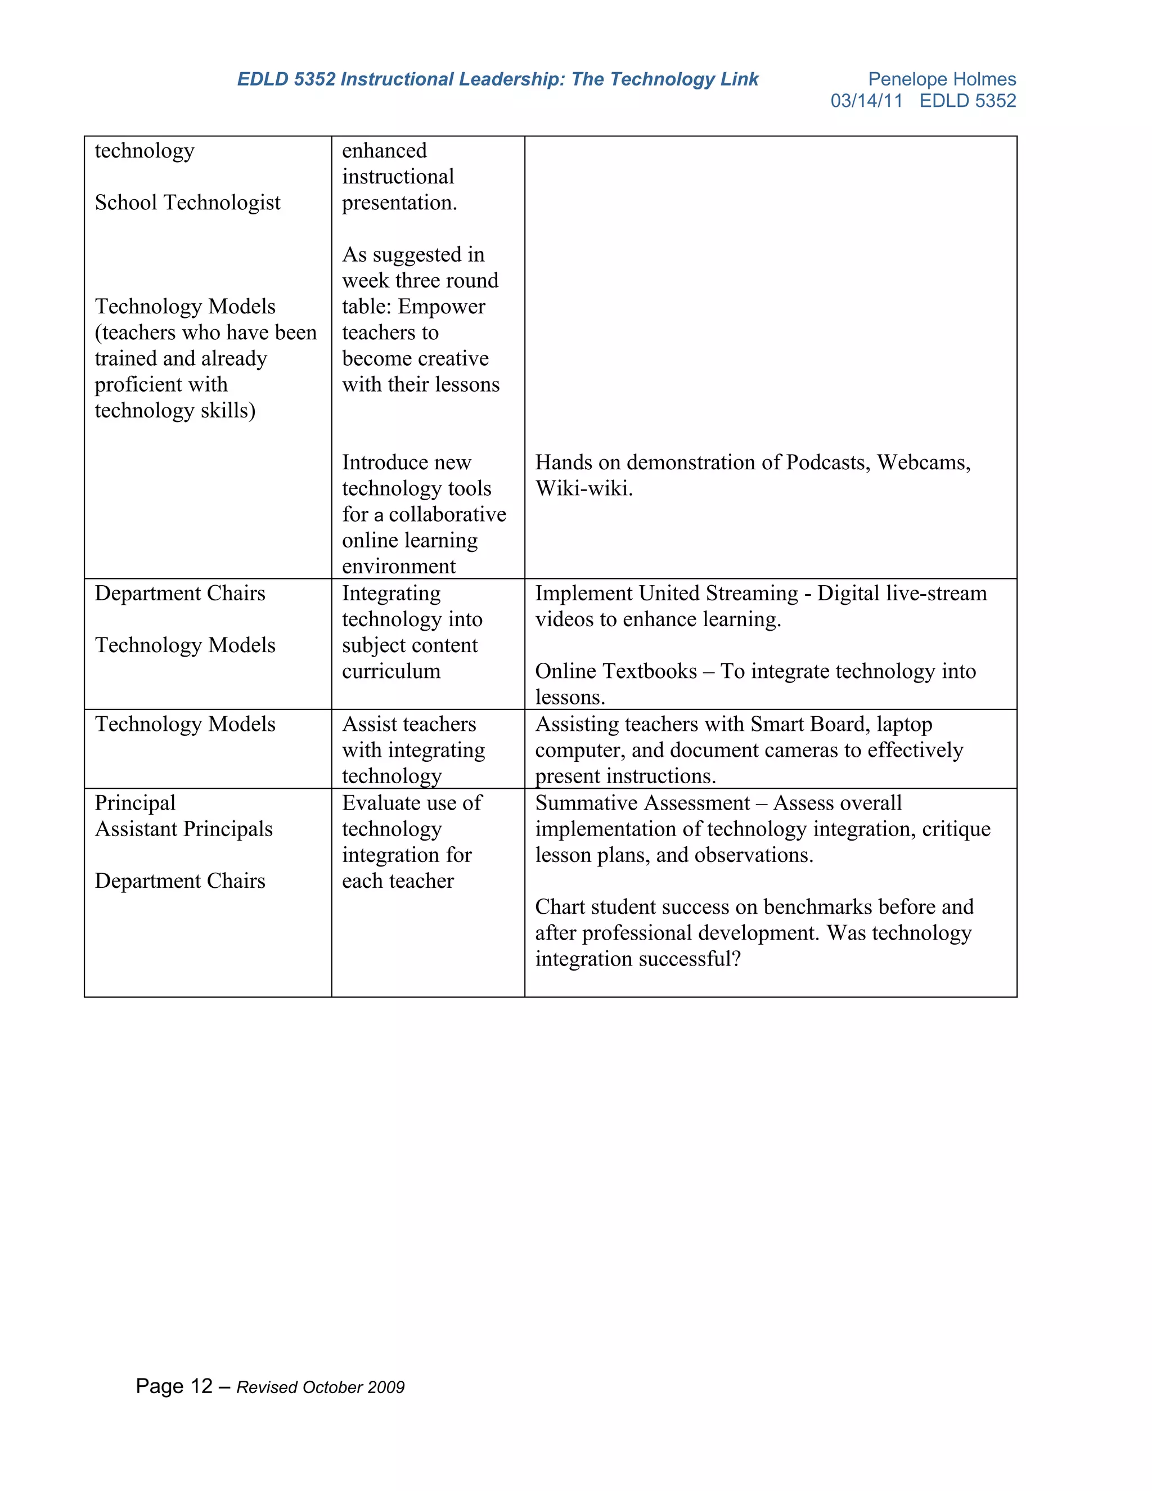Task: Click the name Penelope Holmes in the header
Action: click(x=941, y=79)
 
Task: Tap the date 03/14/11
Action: click(x=866, y=101)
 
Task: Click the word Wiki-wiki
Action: click(x=583, y=489)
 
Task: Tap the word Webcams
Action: click(x=922, y=463)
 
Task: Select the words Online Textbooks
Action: click(x=615, y=672)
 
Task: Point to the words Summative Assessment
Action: click(x=642, y=803)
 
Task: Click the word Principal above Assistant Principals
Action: click(x=135, y=803)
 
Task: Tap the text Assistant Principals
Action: click(x=183, y=829)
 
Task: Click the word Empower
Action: click(x=441, y=307)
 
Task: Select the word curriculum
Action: click(x=391, y=672)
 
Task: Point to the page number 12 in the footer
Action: click(x=201, y=1386)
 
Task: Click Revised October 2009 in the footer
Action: click(x=320, y=1387)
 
